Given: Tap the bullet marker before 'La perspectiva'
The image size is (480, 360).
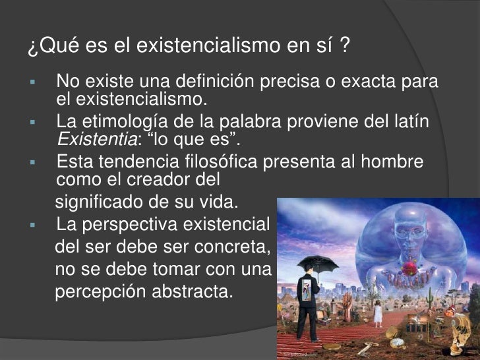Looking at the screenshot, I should (x=32, y=225).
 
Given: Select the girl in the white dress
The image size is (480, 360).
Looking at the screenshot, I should (x=378, y=312).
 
